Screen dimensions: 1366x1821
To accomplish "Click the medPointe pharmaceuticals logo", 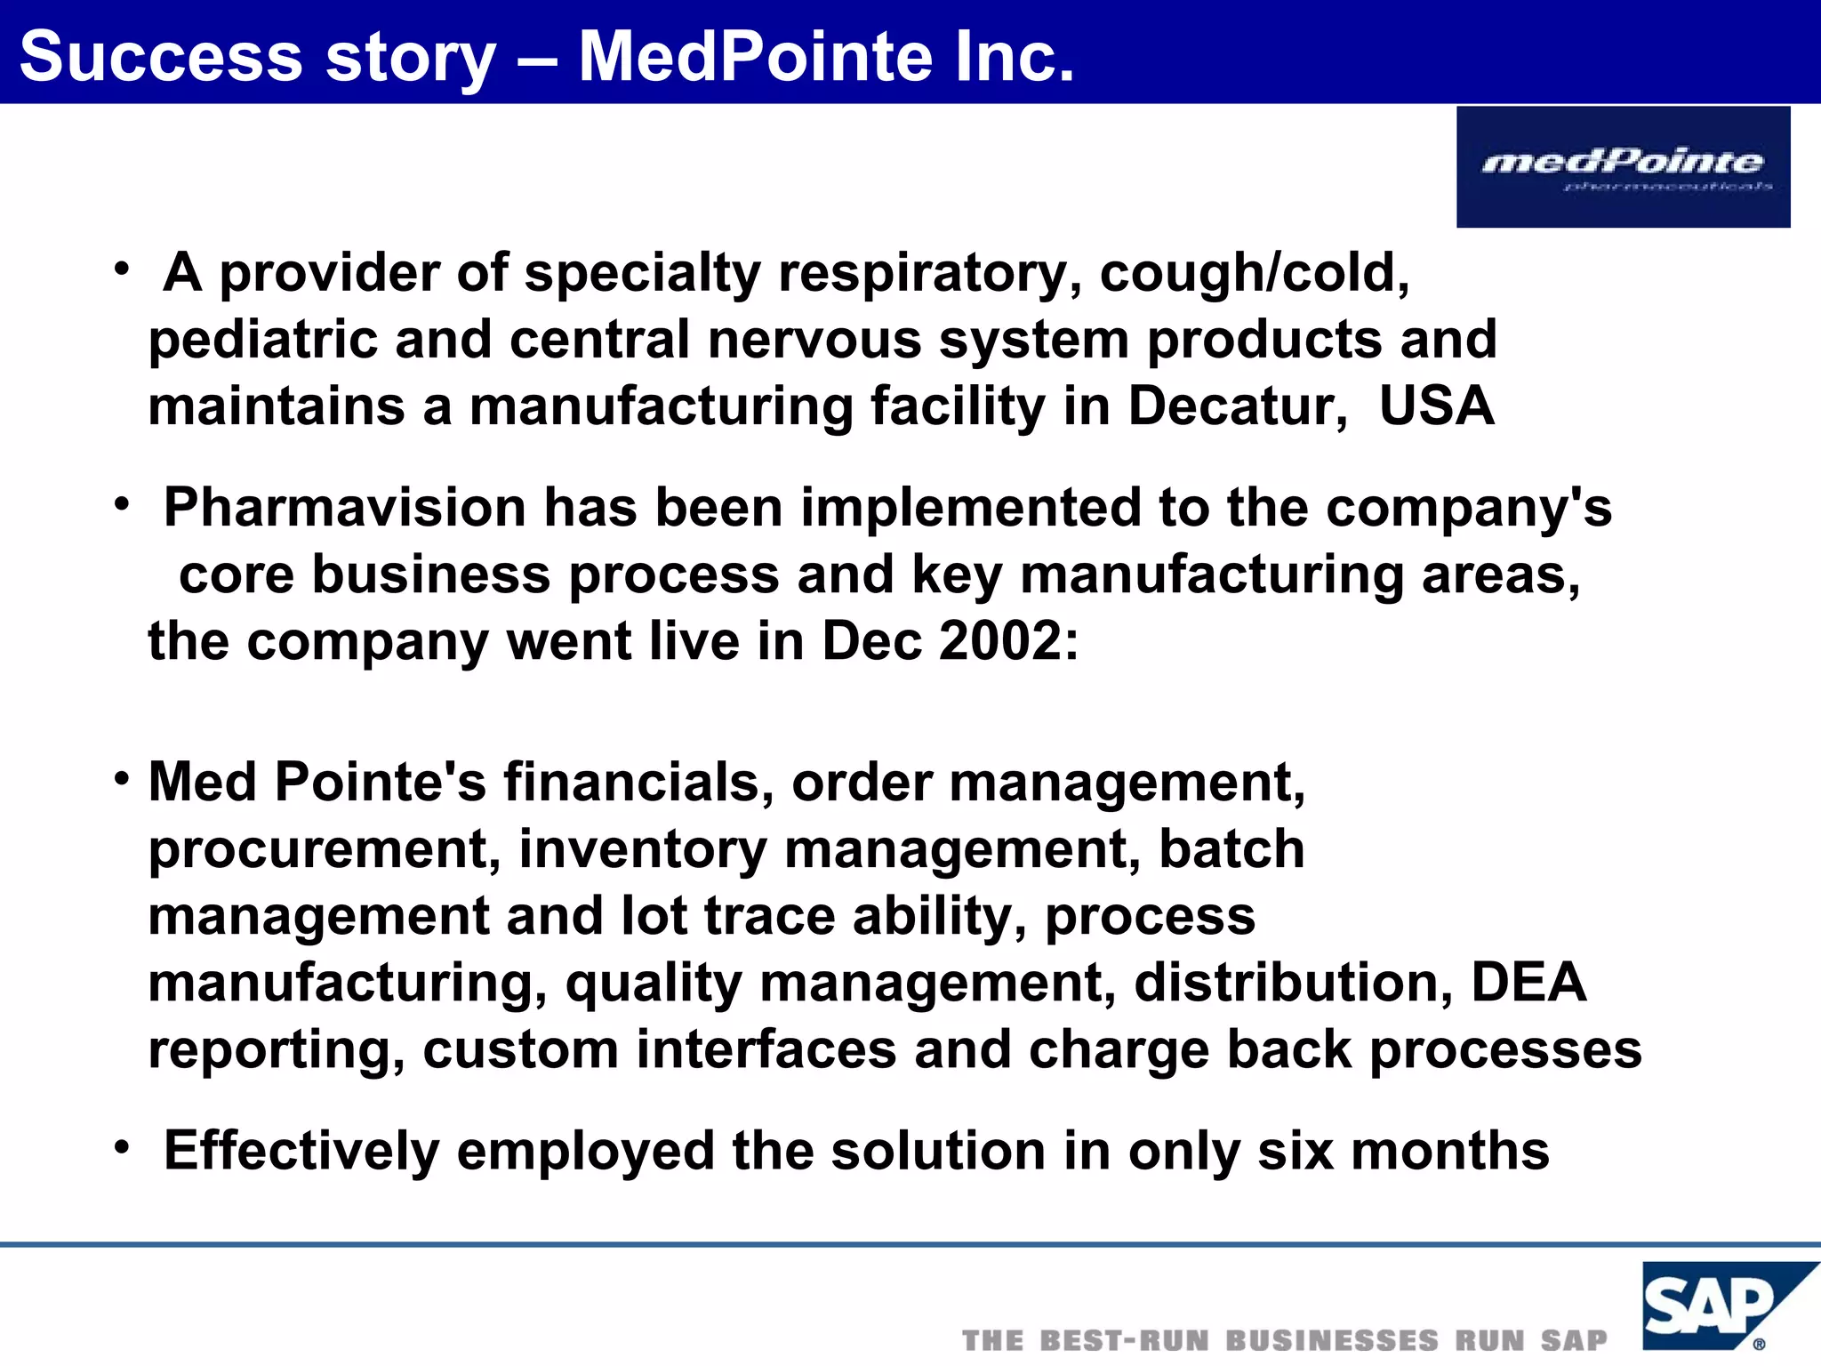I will pyautogui.click(x=1623, y=166).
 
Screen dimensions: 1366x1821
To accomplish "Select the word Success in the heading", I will pyautogui.click(x=161, y=57).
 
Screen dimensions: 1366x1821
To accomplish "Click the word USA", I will pyautogui.click(x=1436, y=406).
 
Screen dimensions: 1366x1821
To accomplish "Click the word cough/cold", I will pyautogui.click(x=1254, y=272).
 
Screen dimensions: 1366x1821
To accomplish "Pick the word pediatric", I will pyautogui.click(x=262, y=340).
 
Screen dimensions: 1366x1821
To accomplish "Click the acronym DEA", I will pyautogui.click(x=1528, y=983).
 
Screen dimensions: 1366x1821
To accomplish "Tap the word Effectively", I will pyautogui.click(x=301, y=1151).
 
